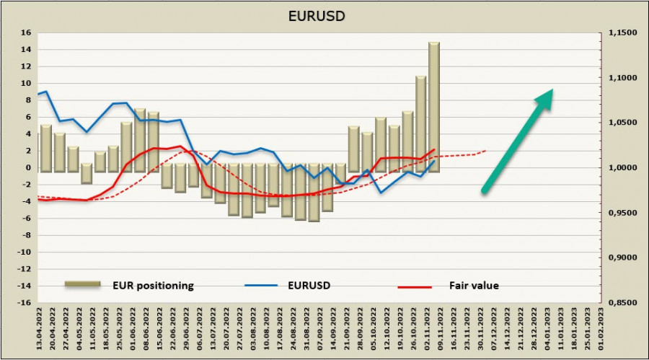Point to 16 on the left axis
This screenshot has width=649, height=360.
point(26,32)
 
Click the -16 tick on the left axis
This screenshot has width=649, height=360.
point(24,303)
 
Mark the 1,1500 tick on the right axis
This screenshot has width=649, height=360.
point(622,32)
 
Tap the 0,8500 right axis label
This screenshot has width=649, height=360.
point(622,303)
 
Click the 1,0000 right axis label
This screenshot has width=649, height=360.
point(622,167)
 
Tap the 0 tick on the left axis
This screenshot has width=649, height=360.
point(29,167)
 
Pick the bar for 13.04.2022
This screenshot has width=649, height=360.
point(45,148)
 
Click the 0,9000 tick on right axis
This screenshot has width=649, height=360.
point(622,258)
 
